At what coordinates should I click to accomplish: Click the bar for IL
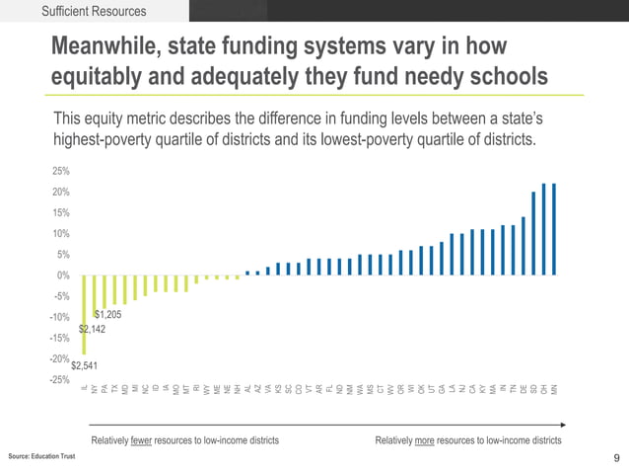click(x=84, y=314)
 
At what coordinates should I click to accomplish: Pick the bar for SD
click(x=533, y=233)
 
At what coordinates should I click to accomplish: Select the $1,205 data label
click(x=107, y=314)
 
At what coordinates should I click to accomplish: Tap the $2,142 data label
click(x=93, y=329)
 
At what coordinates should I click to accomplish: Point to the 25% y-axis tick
click(x=60, y=171)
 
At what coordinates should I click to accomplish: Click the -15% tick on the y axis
click(x=59, y=338)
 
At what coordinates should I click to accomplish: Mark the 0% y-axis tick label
click(x=63, y=275)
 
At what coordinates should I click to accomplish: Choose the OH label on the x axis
click(x=544, y=389)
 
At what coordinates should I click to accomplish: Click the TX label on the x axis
click(x=115, y=389)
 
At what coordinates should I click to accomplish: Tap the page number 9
click(x=616, y=457)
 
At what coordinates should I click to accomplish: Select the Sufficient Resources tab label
click(x=94, y=12)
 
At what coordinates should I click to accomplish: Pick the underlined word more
click(x=425, y=439)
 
